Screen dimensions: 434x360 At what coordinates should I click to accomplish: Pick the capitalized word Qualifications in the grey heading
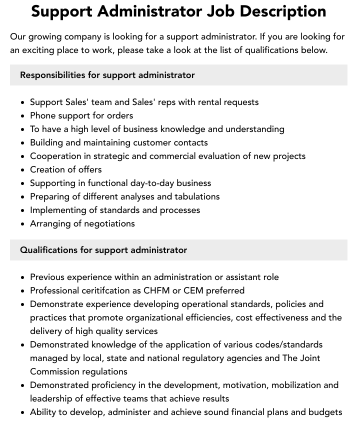point(48,250)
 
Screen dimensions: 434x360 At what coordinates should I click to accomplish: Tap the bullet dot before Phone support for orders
point(22,116)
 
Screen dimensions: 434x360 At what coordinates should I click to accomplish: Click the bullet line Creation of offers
point(65,169)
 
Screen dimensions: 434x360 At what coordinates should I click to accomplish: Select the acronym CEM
point(193,290)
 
